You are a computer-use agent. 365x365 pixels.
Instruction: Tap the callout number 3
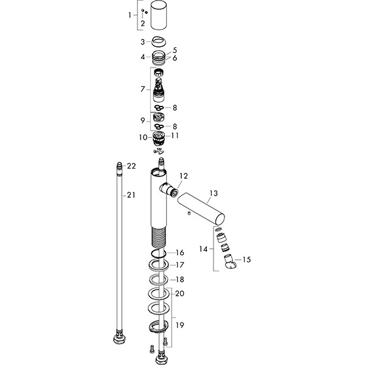[x=143, y=41]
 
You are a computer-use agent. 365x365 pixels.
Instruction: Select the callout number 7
[x=143, y=89]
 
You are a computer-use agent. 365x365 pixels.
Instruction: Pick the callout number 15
[x=247, y=260]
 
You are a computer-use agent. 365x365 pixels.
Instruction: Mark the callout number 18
[x=181, y=279]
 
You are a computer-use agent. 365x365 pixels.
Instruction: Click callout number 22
[x=131, y=166]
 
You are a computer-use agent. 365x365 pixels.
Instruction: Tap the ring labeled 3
[x=160, y=42]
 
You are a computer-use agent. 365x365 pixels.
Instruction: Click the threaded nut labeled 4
[x=160, y=58]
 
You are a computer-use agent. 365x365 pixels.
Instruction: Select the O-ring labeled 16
[x=159, y=253]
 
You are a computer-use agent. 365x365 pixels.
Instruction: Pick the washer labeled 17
[x=159, y=266]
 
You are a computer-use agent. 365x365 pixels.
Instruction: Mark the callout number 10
[x=143, y=137]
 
